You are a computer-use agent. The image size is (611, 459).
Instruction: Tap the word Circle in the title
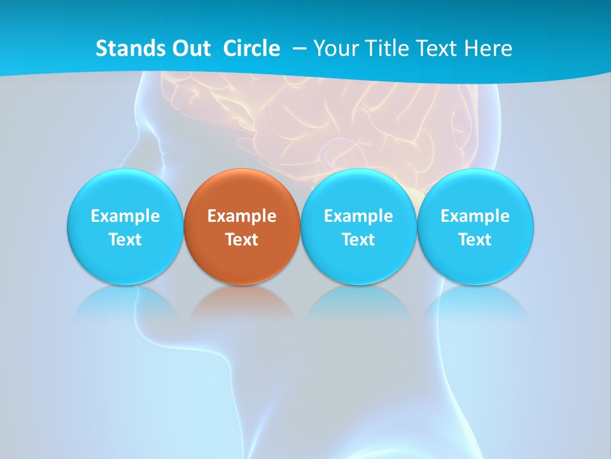coord(251,48)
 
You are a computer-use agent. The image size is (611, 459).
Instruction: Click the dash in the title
coord(299,49)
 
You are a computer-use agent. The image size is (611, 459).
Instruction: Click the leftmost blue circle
coord(125,191)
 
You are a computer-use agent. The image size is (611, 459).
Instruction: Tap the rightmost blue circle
coord(475,191)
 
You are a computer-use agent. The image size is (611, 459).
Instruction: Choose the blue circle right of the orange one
coord(358,191)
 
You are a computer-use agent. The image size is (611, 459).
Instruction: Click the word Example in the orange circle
coord(242,216)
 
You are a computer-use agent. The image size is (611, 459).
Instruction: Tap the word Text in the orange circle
coord(242,240)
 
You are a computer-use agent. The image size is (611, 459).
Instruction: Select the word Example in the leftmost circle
coord(125,216)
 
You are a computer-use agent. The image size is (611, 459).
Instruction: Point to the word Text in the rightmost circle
coord(475,240)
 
